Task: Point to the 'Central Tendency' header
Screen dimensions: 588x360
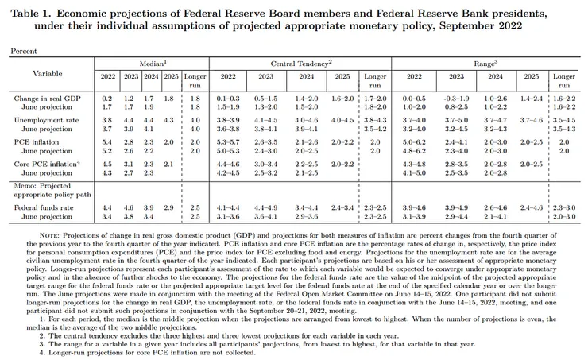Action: pyautogui.click(x=301, y=61)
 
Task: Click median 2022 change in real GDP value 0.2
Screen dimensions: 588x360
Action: pyautogui.click(x=107, y=97)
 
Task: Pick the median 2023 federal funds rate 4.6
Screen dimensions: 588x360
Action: pyautogui.click(x=128, y=207)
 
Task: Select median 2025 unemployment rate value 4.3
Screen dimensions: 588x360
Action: pyautogui.click(x=168, y=119)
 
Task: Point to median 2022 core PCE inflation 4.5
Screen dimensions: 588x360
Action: pyautogui.click(x=107, y=163)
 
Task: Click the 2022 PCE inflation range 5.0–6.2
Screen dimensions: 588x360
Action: pyautogui.click(x=414, y=141)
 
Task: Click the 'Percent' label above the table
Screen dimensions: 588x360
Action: pyautogui.click(x=23, y=51)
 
